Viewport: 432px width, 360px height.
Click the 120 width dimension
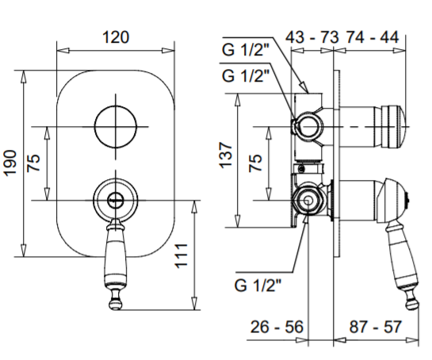coord(116,37)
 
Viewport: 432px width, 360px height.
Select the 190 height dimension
coord(10,163)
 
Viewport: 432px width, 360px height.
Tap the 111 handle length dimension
coord(182,255)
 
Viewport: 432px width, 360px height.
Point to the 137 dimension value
coord(226,155)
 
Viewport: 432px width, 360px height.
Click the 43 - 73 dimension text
coord(312,37)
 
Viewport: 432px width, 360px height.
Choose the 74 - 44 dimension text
coord(373,37)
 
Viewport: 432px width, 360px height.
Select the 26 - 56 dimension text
coord(277,327)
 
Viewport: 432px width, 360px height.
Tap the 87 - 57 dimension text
coord(375,327)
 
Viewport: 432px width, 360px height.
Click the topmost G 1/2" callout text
coord(246,50)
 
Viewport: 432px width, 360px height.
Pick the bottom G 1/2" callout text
coord(258,285)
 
